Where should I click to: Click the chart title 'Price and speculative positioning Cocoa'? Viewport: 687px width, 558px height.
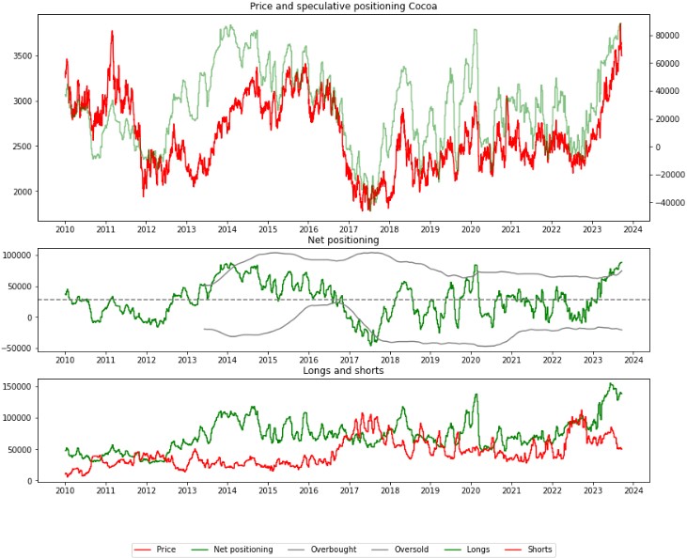point(343,7)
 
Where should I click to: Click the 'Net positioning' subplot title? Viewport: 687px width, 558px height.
point(343,240)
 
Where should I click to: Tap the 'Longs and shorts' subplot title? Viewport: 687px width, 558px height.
point(343,370)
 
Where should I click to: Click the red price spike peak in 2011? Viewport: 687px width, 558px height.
point(112,31)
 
